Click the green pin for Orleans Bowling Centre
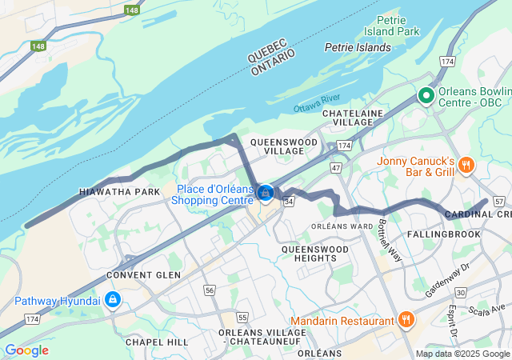(x=426, y=97)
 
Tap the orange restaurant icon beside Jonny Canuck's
(x=467, y=166)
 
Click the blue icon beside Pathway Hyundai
(x=113, y=300)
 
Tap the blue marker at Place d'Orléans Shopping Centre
(x=266, y=193)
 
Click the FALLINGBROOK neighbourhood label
(x=444, y=234)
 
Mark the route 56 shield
(x=210, y=289)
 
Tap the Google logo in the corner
(x=26, y=350)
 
